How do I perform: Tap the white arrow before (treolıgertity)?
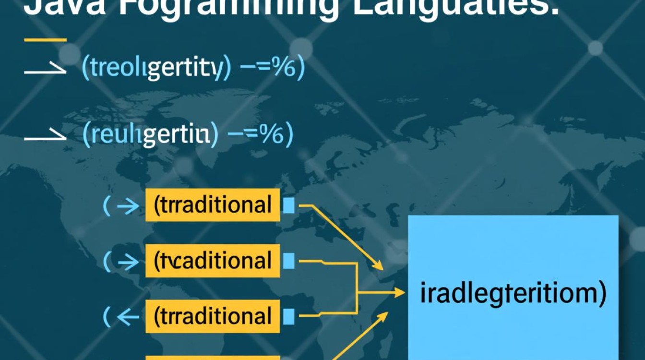click(45, 70)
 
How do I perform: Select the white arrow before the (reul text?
click(45, 136)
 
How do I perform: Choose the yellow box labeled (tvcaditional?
click(212, 261)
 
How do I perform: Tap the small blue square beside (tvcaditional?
click(289, 261)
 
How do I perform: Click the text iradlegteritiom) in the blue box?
click(513, 294)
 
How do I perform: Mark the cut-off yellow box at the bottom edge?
click(212, 357)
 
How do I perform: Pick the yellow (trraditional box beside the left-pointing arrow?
click(212, 316)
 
